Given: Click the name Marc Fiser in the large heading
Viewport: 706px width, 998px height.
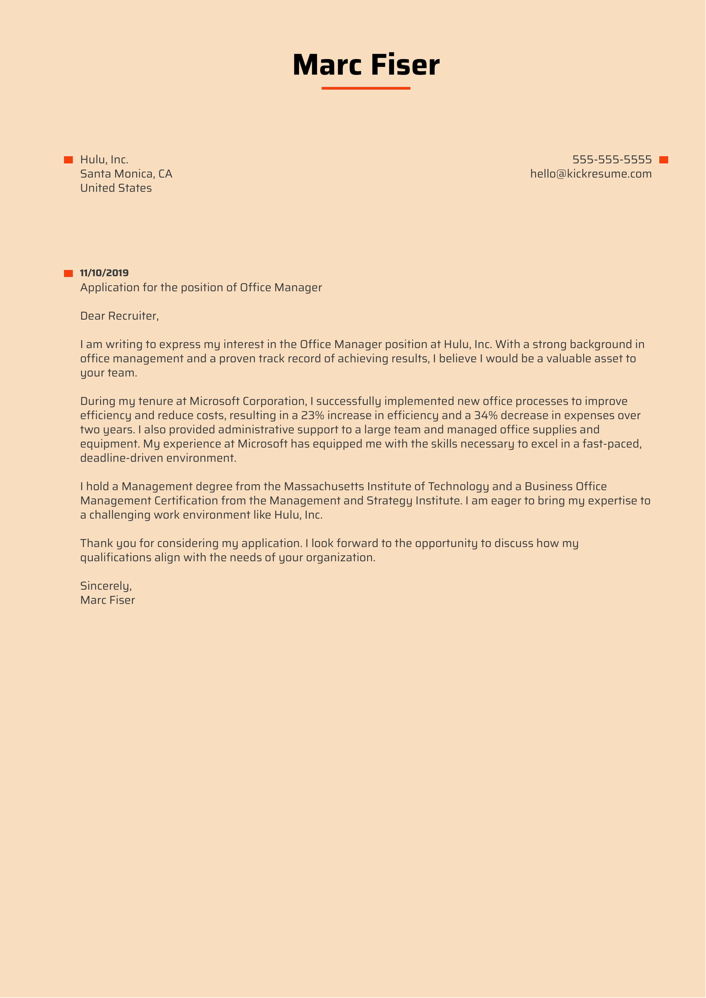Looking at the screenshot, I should pyautogui.click(x=366, y=65).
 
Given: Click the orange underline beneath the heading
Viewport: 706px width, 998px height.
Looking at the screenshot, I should pyautogui.click(x=366, y=88).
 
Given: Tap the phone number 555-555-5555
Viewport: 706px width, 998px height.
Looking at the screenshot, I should pyautogui.click(x=612, y=160).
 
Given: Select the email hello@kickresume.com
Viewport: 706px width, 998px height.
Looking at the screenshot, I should pyautogui.click(x=591, y=174).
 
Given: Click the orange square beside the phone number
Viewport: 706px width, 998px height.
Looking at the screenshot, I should pyautogui.click(x=664, y=160).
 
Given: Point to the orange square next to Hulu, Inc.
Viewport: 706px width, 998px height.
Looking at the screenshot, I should pyautogui.click(x=68, y=160).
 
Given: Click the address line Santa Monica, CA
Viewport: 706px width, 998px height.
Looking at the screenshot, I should pyautogui.click(x=126, y=174).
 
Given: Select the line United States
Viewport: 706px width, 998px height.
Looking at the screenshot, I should pyautogui.click(x=116, y=188).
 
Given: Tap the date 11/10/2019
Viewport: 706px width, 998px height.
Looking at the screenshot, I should pyautogui.click(x=104, y=273).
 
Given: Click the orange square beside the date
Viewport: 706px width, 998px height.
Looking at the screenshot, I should pyautogui.click(x=68, y=274).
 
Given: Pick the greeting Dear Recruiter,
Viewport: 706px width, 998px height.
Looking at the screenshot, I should pyautogui.click(x=119, y=316).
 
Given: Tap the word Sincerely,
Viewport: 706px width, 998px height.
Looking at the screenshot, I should pyautogui.click(x=106, y=586).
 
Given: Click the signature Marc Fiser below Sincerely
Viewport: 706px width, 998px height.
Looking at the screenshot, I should pyautogui.click(x=107, y=600).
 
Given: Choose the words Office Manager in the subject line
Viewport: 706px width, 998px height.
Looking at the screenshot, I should pyautogui.click(x=281, y=287).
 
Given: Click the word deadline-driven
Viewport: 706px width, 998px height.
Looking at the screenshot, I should pyautogui.click(x=122, y=458).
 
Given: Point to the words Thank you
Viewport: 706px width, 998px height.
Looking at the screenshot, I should pyautogui.click(x=101, y=543).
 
